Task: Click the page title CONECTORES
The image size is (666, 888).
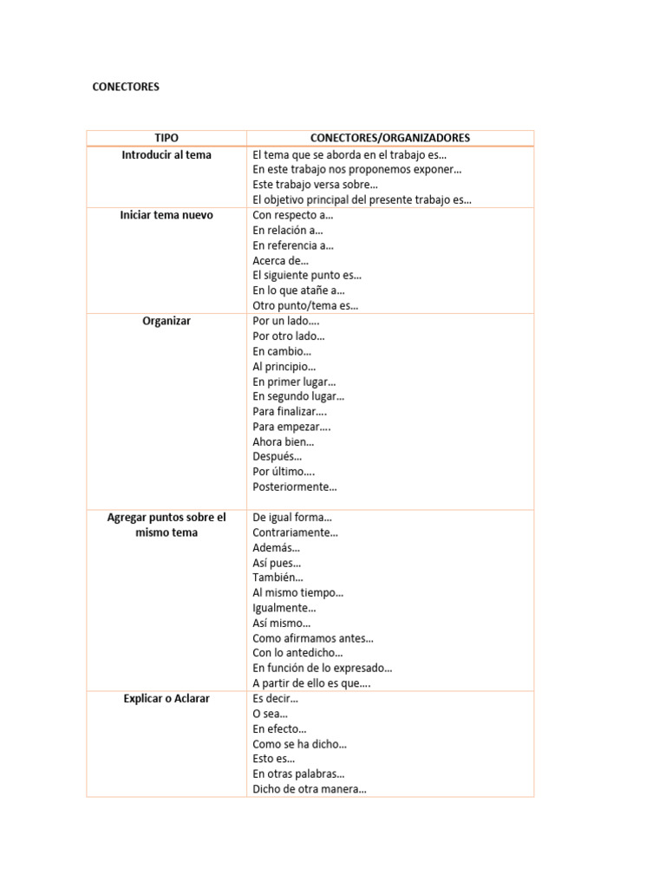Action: (126, 87)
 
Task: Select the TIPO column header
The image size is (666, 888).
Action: (166, 138)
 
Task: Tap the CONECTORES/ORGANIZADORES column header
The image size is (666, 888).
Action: (390, 138)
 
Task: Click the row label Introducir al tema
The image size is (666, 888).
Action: (166, 154)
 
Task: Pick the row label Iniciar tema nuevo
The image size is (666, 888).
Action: (166, 215)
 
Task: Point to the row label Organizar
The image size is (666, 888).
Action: (166, 321)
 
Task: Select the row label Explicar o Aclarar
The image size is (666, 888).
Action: (166, 698)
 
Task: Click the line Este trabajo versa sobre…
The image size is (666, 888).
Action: (315, 185)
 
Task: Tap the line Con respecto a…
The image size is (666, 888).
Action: (292, 215)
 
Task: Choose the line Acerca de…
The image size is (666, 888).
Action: (280, 260)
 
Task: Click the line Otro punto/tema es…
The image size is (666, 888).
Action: (305, 305)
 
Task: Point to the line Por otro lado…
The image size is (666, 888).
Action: (289, 336)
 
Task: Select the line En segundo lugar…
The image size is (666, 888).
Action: (298, 396)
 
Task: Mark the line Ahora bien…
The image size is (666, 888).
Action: (284, 441)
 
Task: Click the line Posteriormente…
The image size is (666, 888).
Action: (295, 486)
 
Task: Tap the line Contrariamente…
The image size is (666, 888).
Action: (295, 532)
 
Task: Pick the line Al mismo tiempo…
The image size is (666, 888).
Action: (297, 592)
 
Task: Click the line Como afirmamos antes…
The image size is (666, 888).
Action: (313, 638)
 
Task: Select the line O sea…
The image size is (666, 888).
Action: (270, 714)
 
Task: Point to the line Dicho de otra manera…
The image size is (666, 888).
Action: (310, 789)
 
